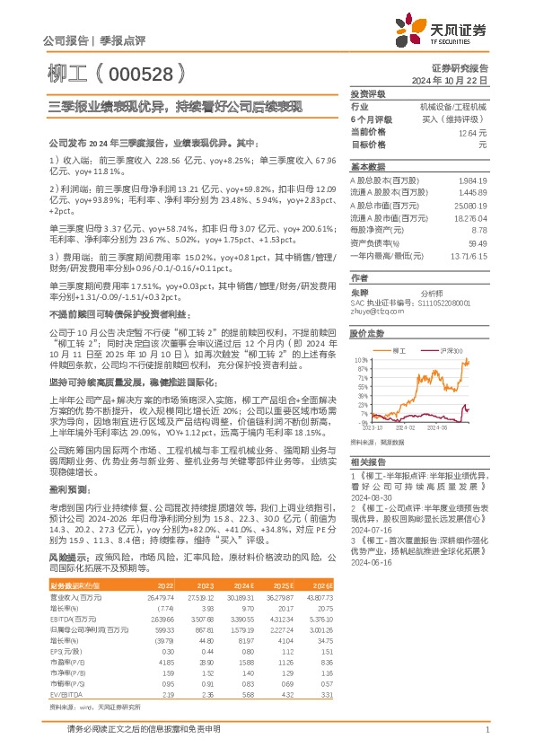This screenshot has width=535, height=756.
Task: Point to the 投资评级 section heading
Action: coord(367,93)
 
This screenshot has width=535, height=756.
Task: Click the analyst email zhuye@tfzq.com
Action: coord(373,287)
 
